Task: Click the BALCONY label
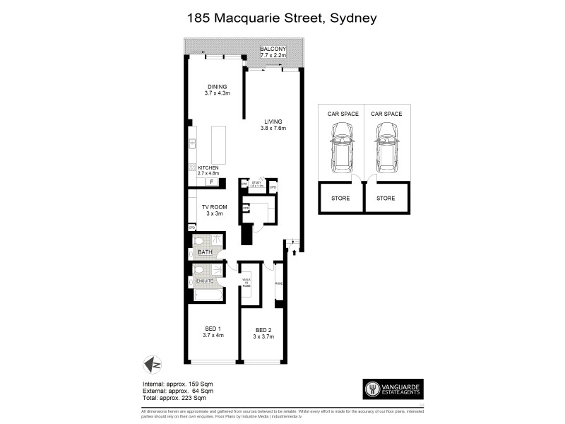click(x=273, y=48)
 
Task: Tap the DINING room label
click(x=217, y=86)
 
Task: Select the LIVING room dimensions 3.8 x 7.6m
click(x=273, y=128)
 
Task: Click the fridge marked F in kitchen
click(x=210, y=182)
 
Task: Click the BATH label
click(x=205, y=252)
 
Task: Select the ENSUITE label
click(x=205, y=281)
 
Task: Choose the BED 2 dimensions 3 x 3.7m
click(x=264, y=337)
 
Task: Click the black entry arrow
click(x=294, y=251)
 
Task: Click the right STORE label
click(x=386, y=199)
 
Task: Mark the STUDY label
click(x=256, y=183)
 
